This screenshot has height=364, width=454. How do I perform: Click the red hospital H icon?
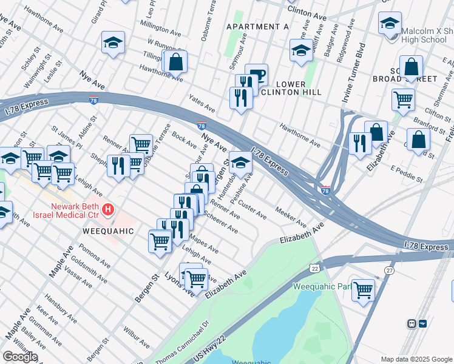click(x=109, y=210)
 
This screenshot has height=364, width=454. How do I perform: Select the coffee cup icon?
click(x=257, y=75)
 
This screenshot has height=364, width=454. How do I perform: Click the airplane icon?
click(x=423, y=324)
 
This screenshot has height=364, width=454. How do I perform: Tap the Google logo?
click(x=19, y=356)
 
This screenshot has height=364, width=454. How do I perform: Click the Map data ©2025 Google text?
click(x=416, y=359)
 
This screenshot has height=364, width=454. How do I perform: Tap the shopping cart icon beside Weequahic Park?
click(x=363, y=289)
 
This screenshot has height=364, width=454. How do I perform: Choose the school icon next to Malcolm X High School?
click(x=390, y=24)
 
